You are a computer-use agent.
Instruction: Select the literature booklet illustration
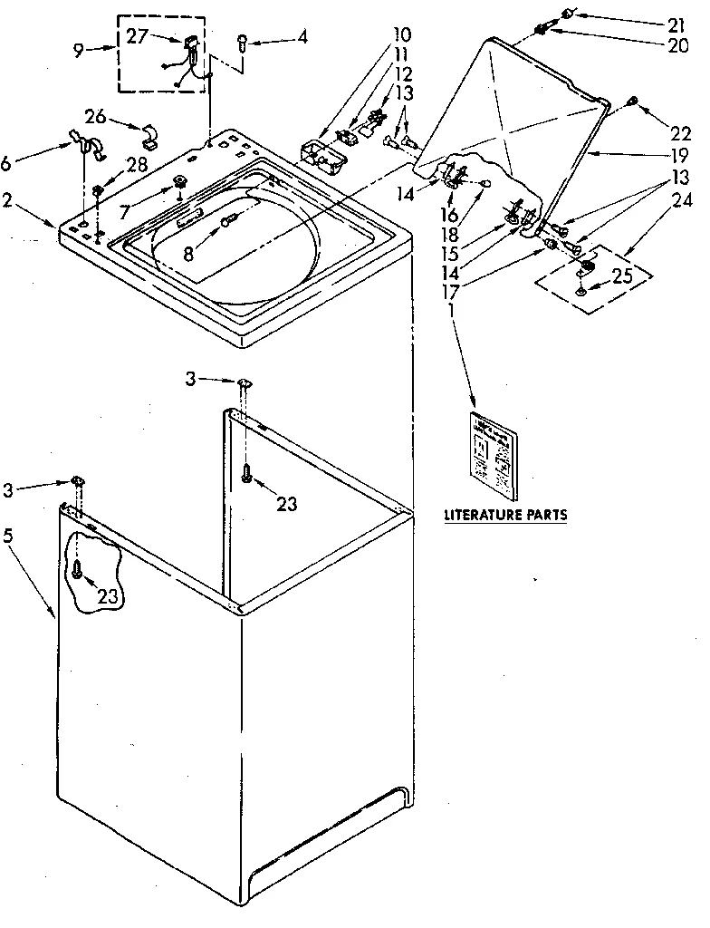[492, 456]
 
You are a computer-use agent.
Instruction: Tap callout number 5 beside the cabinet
[8, 536]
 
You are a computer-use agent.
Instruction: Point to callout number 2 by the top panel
[8, 200]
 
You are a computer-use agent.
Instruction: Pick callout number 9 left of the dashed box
[79, 51]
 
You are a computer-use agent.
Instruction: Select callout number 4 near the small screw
[302, 38]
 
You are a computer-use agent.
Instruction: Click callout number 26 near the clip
[96, 116]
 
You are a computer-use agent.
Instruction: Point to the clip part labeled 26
[149, 137]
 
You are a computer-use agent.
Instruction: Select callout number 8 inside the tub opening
[187, 255]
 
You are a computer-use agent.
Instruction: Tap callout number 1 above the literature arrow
[450, 309]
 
